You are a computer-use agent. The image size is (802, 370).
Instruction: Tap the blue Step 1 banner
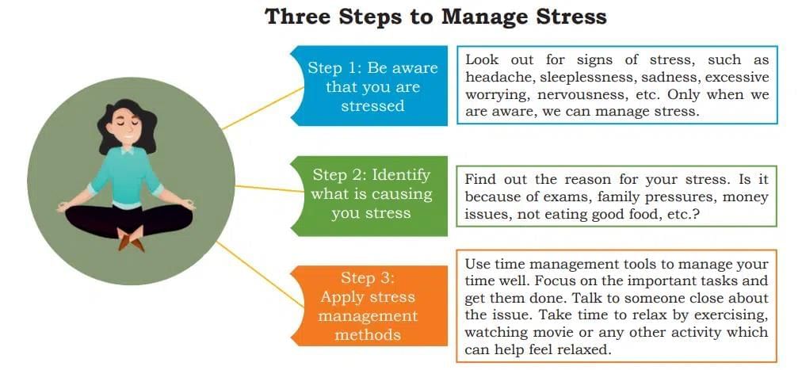369,86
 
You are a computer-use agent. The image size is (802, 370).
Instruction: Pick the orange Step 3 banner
369,306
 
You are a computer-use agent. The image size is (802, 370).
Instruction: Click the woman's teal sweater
126,177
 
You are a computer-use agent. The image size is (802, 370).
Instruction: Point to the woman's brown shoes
131,240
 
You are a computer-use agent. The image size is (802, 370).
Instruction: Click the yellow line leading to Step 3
261,274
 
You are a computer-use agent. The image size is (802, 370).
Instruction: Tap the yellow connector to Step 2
269,189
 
